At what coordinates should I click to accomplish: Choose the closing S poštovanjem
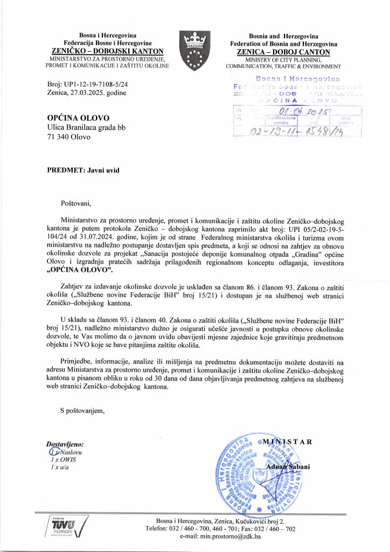[x=82, y=411]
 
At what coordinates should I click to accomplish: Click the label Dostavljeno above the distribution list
[x=68, y=444]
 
